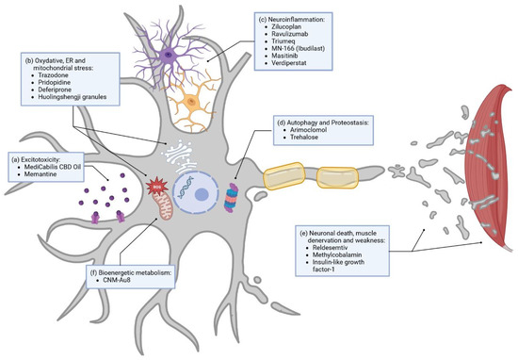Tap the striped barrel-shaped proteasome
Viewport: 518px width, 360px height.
(x=237, y=175)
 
